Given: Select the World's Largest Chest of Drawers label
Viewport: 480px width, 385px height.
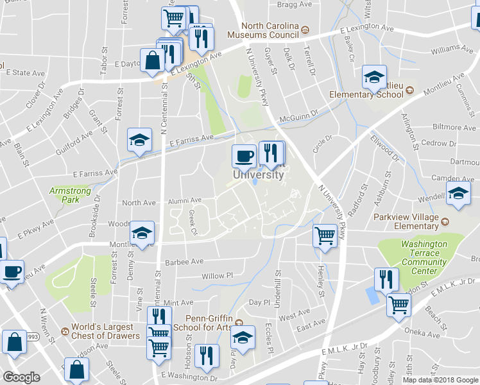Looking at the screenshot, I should point(105,331).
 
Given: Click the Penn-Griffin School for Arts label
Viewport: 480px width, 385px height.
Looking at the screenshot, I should point(208,322).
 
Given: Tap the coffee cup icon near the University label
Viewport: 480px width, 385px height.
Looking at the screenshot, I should point(243,155).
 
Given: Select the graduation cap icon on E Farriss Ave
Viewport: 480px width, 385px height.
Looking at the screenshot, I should point(139,140).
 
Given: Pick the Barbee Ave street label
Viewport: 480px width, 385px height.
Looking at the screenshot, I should point(184,261).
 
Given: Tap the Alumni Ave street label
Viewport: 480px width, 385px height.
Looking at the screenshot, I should point(185,200).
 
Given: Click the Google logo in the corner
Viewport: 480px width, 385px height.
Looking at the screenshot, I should point(21,377).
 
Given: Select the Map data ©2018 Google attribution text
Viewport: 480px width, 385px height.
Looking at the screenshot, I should point(440,380).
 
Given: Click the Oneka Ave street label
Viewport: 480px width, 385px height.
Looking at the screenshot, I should point(421,334).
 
